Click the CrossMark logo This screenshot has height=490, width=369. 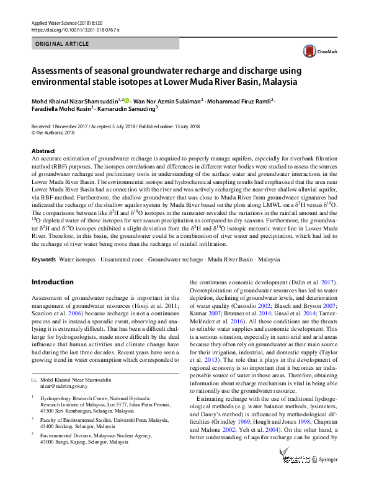pyautogui.click(x=317, y=51)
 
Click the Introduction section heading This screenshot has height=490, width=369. pyautogui.click(x=53, y=282)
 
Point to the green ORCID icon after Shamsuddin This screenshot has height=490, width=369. pyautogui.click(x=127, y=100)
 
